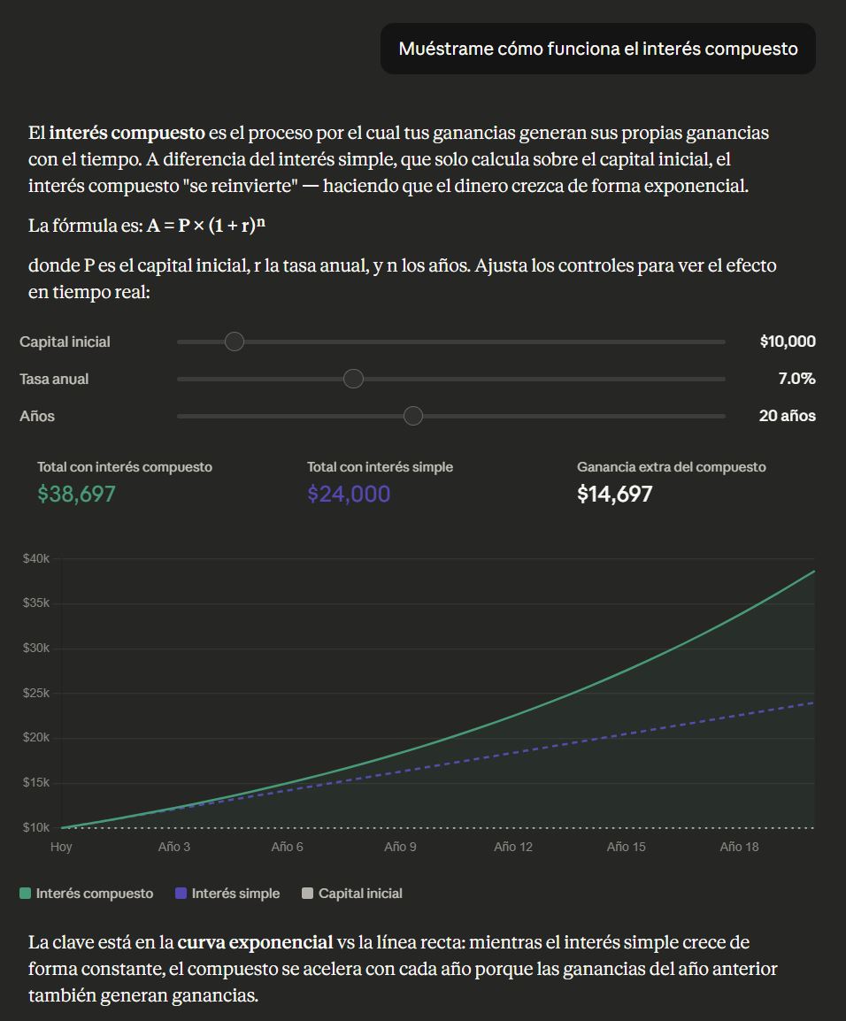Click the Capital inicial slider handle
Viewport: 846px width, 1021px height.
point(234,342)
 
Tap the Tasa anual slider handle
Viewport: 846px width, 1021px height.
point(353,379)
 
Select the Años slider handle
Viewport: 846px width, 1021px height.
point(413,416)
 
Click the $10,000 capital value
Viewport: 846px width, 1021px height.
point(788,342)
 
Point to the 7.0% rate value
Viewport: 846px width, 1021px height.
point(796,379)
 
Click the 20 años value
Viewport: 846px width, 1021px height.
point(787,416)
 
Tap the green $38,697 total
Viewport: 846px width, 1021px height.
point(77,494)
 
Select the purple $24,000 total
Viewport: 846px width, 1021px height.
point(349,494)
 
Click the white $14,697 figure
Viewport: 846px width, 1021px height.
point(615,494)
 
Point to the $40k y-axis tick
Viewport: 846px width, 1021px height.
point(36,558)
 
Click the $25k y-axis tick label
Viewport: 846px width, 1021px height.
point(36,693)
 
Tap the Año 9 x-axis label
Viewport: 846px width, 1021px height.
point(400,847)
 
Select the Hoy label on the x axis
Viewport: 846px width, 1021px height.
point(61,847)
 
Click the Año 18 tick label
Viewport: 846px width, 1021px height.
point(739,847)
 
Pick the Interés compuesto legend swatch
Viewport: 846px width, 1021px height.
point(25,894)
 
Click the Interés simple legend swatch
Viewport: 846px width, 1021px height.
point(181,894)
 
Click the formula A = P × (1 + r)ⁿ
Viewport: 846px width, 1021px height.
point(206,225)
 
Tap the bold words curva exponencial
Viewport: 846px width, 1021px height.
point(255,942)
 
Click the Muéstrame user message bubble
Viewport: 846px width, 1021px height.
point(598,49)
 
